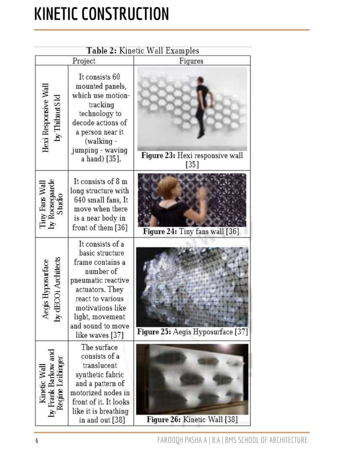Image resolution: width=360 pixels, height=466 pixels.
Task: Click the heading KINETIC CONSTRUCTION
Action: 102,14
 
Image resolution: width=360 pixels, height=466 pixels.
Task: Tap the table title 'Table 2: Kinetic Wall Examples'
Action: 143,51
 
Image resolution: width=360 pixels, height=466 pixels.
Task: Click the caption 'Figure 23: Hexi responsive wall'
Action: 192,160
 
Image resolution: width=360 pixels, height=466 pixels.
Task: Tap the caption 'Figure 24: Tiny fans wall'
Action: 192,231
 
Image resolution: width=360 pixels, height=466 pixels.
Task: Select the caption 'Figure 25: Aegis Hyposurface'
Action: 192,332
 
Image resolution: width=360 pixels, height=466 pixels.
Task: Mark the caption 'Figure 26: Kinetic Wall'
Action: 192,419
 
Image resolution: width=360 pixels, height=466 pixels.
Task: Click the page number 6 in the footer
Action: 37,441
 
